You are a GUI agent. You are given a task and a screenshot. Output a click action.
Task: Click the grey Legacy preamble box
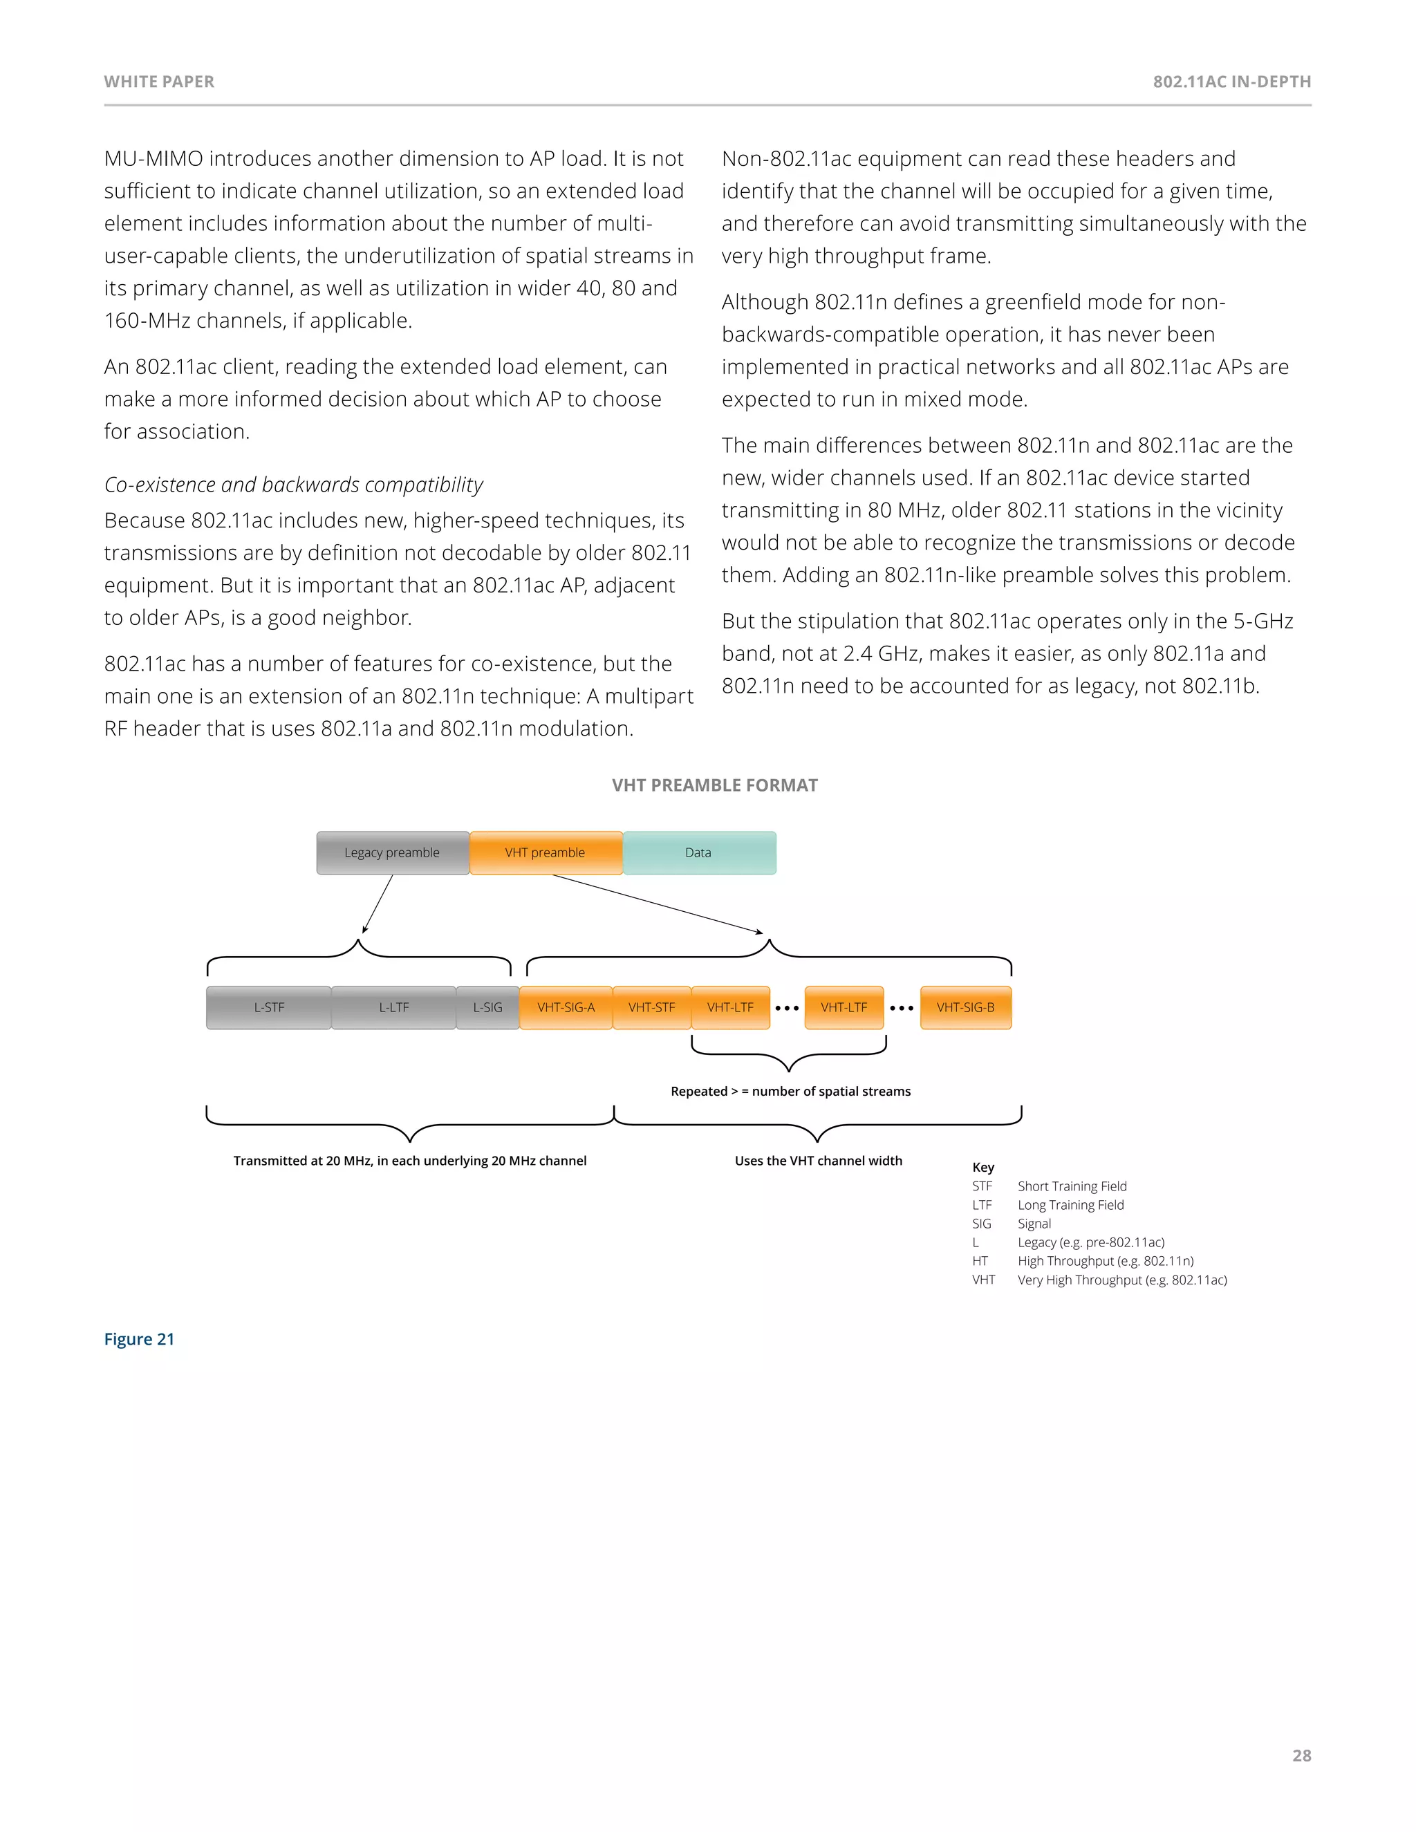tap(393, 852)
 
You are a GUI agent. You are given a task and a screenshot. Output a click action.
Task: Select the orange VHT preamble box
tap(546, 852)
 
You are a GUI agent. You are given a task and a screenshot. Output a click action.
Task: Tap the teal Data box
tap(699, 852)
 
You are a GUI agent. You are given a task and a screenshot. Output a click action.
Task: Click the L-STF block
tap(268, 1007)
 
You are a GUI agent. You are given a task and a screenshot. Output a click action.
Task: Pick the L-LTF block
tap(393, 1007)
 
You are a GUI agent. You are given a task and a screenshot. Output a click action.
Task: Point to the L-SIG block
tap(487, 1007)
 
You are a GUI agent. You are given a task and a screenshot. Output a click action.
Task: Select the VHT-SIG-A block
tap(566, 1007)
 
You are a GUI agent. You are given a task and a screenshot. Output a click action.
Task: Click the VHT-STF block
tap(652, 1007)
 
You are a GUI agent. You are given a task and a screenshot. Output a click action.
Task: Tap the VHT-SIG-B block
tap(965, 1007)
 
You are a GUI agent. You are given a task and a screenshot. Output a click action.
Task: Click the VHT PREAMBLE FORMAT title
tap(715, 785)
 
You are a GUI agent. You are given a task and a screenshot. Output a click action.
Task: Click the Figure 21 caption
tap(139, 1339)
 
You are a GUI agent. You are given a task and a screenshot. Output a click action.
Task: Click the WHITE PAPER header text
tap(160, 82)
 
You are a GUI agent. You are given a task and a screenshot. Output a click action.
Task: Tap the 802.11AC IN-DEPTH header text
tap(1231, 82)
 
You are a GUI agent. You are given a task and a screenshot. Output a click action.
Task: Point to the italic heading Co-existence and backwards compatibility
tap(294, 485)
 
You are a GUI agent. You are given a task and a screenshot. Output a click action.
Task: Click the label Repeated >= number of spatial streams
tap(790, 1092)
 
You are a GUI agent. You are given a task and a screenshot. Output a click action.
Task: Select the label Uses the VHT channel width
tap(818, 1161)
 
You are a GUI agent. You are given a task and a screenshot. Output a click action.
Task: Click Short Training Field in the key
tap(1072, 1186)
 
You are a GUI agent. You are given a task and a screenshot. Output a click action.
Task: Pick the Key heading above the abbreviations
tap(983, 1167)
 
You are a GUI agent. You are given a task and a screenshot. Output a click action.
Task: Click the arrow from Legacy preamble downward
tap(378, 904)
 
